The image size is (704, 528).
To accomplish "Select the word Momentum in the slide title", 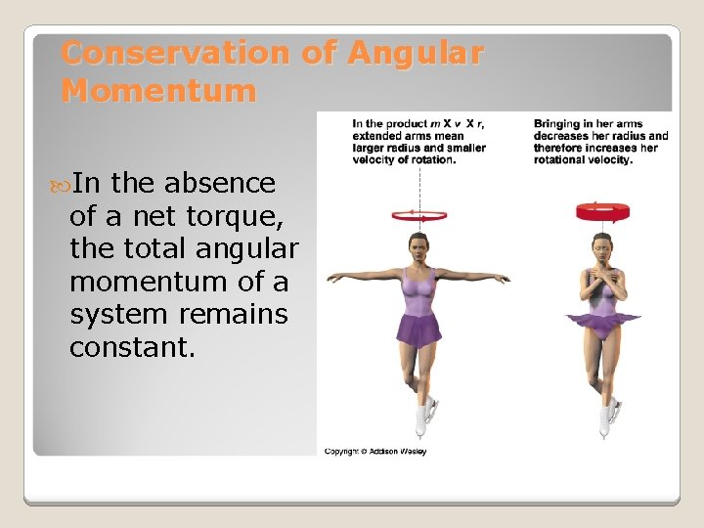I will [x=158, y=91].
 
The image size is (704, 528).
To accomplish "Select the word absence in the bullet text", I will [x=221, y=184].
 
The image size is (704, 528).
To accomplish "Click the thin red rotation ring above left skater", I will [x=419, y=214].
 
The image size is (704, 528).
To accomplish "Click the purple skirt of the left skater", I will [x=419, y=330].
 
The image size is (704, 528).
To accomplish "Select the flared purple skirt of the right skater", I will [x=600, y=321].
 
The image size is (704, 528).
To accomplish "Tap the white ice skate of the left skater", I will [x=422, y=420].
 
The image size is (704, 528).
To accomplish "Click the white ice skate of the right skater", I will [x=606, y=418].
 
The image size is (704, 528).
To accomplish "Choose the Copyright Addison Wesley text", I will [x=375, y=451].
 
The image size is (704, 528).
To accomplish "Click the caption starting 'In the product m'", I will [x=418, y=142].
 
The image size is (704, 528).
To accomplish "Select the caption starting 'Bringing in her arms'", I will [x=600, y=142].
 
